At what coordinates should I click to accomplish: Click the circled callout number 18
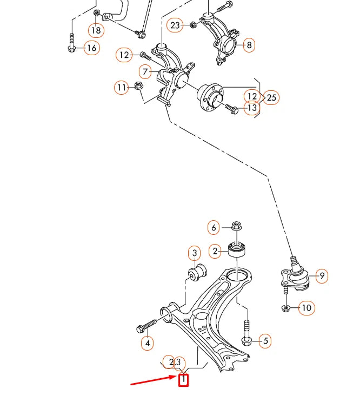(x=96, y=30)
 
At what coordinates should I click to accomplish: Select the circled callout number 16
(x=92, y=48)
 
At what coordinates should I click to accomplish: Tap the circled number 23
(x=175, y=25)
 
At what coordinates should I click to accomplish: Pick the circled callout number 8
(x=249, y=45)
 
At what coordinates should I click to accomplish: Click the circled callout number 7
(x=145, y=72)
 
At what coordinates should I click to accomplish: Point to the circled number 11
(x=122, y=87)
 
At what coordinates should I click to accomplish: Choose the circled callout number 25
(x=271, y=97)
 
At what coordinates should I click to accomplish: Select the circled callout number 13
(x=252, y=108)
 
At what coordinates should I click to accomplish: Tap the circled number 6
(x=214, y=228)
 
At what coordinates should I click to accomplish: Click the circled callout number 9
(x=322, y=276)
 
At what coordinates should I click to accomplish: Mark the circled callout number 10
(x=306, y=308)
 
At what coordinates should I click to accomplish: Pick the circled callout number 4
(x=147, y=343)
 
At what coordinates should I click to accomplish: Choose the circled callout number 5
(x=265, y=341)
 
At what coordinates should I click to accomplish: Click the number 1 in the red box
(x=184, y=380)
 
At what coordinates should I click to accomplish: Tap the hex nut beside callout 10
(x=286, y=308)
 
